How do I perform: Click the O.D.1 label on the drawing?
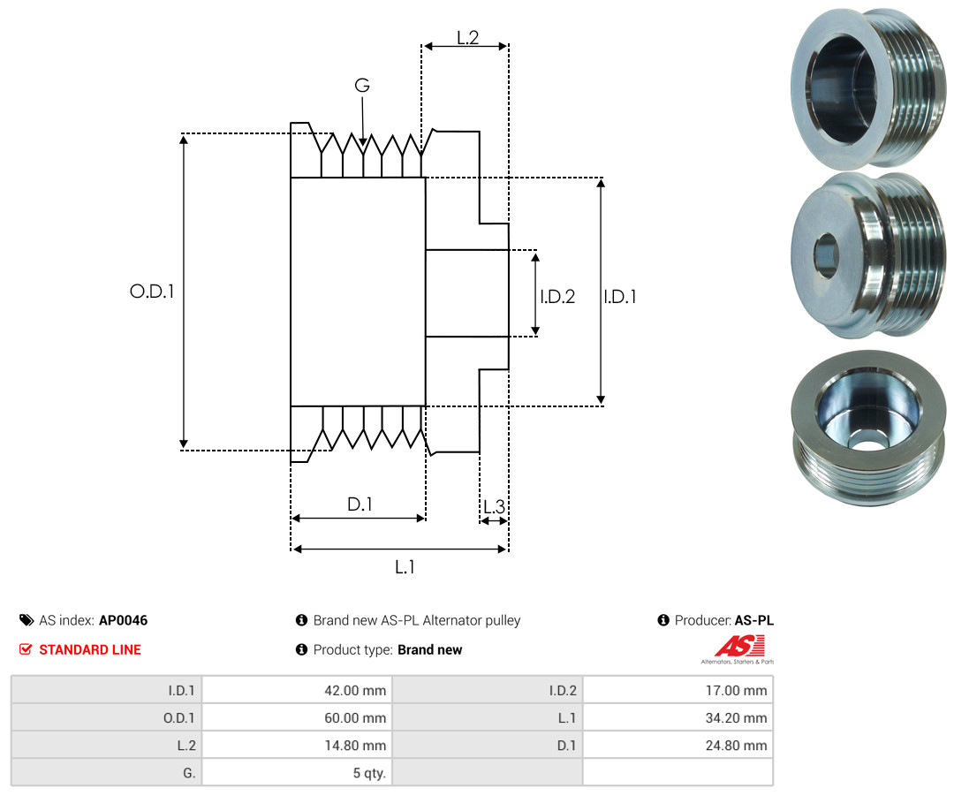click(x=152, y=292)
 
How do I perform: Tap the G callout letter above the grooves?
click(x=362, y=85)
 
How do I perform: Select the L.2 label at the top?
click(x=468, y=38)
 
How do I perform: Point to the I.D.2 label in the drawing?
click(x=557, y=296)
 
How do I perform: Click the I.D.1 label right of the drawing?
click(x=620, y=296)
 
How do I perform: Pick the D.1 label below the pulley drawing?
click(x=360, y=504)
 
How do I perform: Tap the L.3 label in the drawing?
click(x=494, y=506)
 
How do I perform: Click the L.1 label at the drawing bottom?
click(x=405, y=567)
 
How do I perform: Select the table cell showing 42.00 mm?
click(x=355, y=691)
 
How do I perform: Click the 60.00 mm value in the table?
click(x=355, y=718)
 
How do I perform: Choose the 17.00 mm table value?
click(x=736, y=691)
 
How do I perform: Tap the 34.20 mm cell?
click(x=736, y=718)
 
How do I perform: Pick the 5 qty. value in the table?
click(x=369, y=773)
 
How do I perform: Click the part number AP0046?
click(x=124, y=620)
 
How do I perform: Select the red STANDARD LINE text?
click(x=90, y=649)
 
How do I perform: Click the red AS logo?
click(x=740, y=646)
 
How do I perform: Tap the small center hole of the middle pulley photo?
click(x=827, y=255)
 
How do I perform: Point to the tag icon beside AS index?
click(x=26, y=620)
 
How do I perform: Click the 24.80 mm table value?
click(x=736, y=746)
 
